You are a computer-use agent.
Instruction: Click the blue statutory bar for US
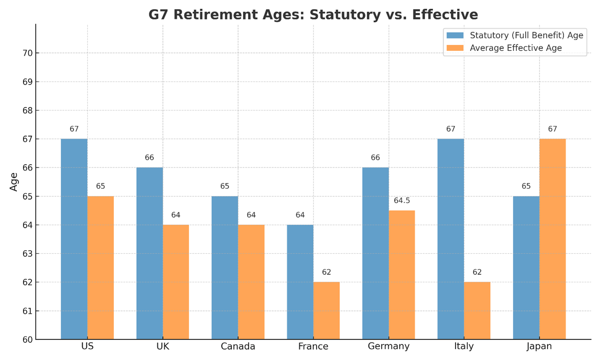click(x=74, y=239)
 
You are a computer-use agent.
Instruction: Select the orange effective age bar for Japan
click(x=552, y=239)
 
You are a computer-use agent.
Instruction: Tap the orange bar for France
click(x=326, y=310)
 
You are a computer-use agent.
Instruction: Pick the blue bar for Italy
click(x=451, y=239)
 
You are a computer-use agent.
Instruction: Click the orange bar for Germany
click(x=402, y=275)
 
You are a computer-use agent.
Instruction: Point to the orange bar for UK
click(x=176, y=282)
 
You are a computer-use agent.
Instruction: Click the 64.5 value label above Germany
click(x=402, y=201)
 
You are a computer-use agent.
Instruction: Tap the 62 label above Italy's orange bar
click(x=477, y=272)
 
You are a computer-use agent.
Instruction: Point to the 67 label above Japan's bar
click(x=552, y=129)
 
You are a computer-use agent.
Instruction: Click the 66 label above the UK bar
click(x=149, y=158)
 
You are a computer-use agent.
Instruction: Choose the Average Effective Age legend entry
click(x=515, y=48)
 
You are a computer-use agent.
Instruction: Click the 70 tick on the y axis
click(x=28, y=53)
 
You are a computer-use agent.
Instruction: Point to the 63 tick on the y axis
click(x=28, y=253)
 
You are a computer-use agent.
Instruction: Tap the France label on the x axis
click(x=313, y=347)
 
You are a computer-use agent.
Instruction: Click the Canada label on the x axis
click(x=237, y=347)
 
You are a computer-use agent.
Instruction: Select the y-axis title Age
click(x=14, y=182)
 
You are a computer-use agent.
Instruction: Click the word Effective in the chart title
click(x=445, y=15)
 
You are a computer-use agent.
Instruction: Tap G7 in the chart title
click(x=159, y=15)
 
